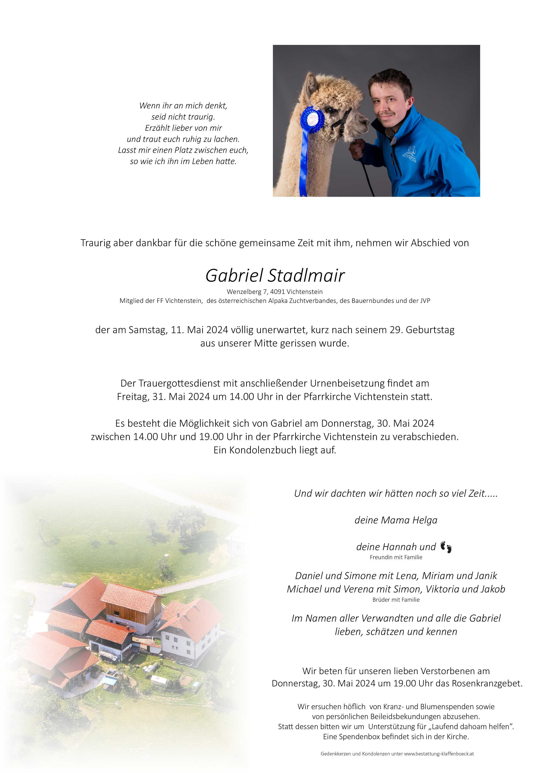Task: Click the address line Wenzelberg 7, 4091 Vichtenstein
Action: coord(275,292)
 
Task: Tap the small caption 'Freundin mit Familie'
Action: coord(396,557)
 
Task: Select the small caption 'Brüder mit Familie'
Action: coord(396,599)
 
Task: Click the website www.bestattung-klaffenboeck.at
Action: coord(439,753)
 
